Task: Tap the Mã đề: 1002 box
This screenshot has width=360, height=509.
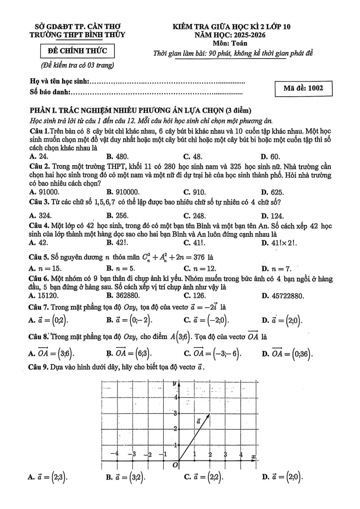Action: (x=303, y=88)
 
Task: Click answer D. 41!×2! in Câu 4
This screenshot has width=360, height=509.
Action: (x=279, y=243)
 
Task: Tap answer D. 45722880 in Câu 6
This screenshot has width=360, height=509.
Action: (x=282, y=296)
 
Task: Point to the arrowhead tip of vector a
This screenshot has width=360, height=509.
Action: (x=209, y=414)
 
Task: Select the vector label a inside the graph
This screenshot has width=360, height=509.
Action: (x=198, y=421)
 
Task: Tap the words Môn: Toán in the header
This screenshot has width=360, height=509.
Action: (x=230, y=43)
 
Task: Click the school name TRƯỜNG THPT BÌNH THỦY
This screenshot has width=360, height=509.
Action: (x=78, y=34)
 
